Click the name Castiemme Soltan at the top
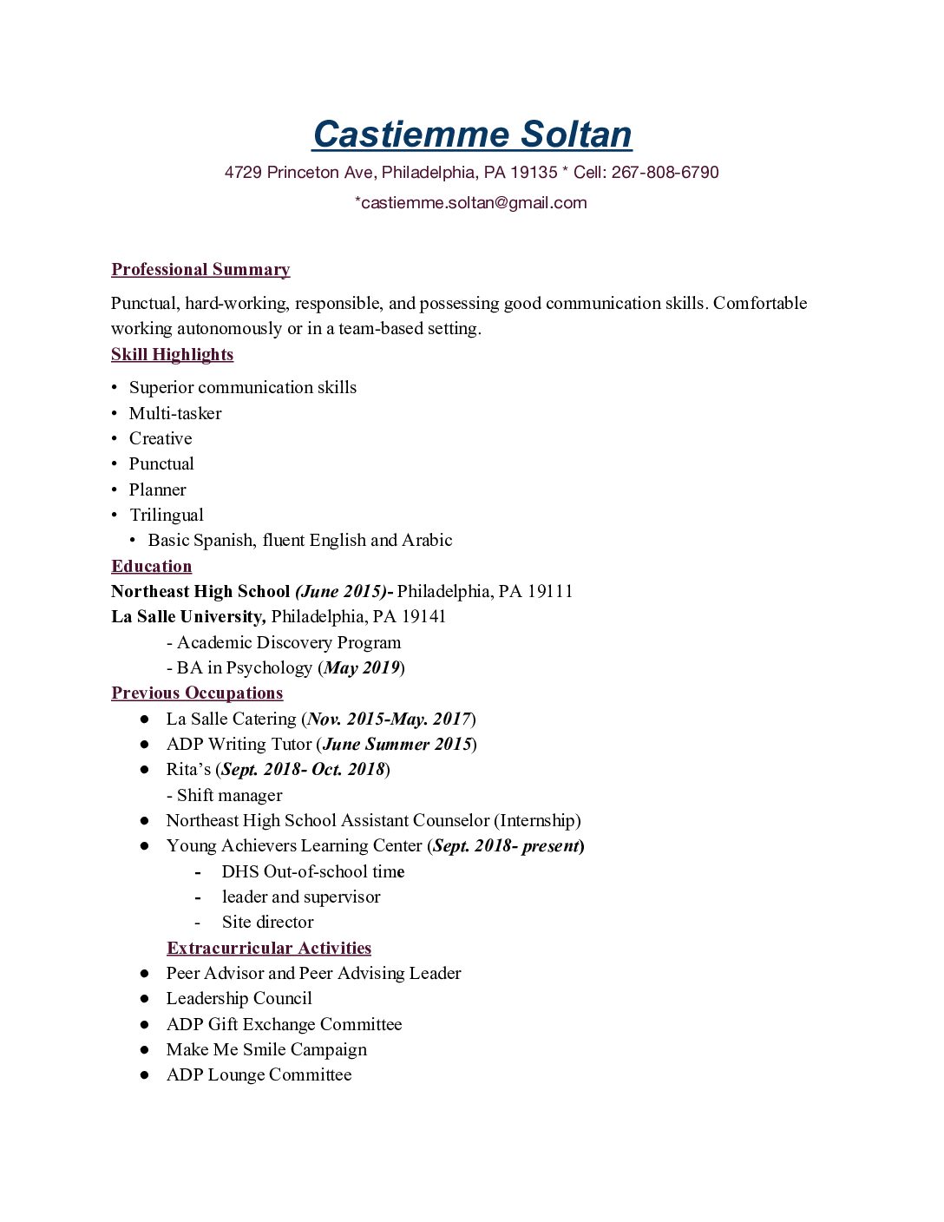(x=472, y=135)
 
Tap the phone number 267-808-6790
(x=665, y=172)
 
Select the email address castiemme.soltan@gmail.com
(x=474, y=202)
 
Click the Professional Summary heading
(x=200, y=269)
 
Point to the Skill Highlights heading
(x=172, y=354)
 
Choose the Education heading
(x=152, y=566)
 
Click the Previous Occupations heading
(x=197, y=693)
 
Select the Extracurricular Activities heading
(x=269, y=948)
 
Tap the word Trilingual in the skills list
(x=167, y=515)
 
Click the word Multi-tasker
(x=175, y=413)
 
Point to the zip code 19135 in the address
(x=534, y=172)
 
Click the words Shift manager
(x=229, y=795)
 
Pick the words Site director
(x=267, y=922)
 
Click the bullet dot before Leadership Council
(x=144, y=999)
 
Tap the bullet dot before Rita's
(x=144, y=770)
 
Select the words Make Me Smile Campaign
(x=266, y=1049)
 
